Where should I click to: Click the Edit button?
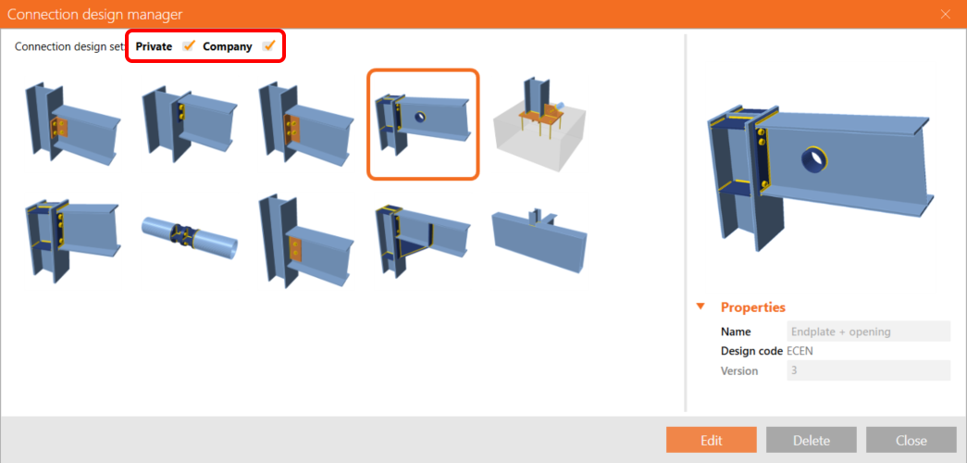pos(711,440)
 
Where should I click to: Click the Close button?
pos(911,440)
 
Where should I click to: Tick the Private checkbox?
pos(189,45)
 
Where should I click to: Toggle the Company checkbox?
pos(268,45)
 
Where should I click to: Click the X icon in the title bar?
pos(946,14)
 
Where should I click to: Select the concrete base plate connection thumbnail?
pos(539,124)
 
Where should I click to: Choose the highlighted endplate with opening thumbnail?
pos(423,125)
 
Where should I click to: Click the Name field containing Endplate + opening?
pos(869,332)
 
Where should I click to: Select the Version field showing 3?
pos(869,370)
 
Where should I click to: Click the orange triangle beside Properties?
pos(700,307)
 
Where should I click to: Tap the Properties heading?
pos(753,307)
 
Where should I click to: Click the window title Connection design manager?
pos(95,14)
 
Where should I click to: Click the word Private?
pos(155,46)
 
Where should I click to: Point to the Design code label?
pos(752,351)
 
